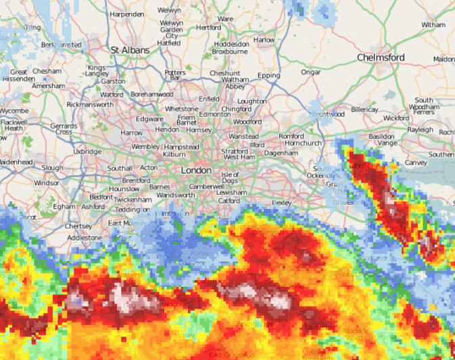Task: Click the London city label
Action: pyautogui.click(x=195, y=171)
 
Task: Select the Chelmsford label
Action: pyautogui.click(x=381, y=58)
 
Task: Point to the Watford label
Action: pyautogui.click(x=112, y=95)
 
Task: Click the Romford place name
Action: pyautogui.click(x=291, y=136)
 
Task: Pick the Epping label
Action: pyautogui.click(x=269, y=75)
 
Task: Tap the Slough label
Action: pyautogui.click(x=52, y=168)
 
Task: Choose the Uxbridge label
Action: pyautogui.click(x=87, y=152)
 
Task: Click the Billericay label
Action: pyautogui.click(x=364, y=109)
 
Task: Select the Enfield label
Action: pyautogui.click(x=209, y=99)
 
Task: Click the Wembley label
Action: pyautogui.click(x=145, y=147)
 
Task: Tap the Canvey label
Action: pyautogui.click(x=416, y=163)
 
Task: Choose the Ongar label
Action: pyautogui.click(x=310, y=72)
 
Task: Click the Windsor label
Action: pyautogui.click(x=46, y=183)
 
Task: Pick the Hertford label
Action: pyautogui.click(x=208, y=28)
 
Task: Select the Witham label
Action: pyautogui.click(x=433, y=25)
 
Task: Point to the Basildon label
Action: pyautogui.click(x=381, y=136)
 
